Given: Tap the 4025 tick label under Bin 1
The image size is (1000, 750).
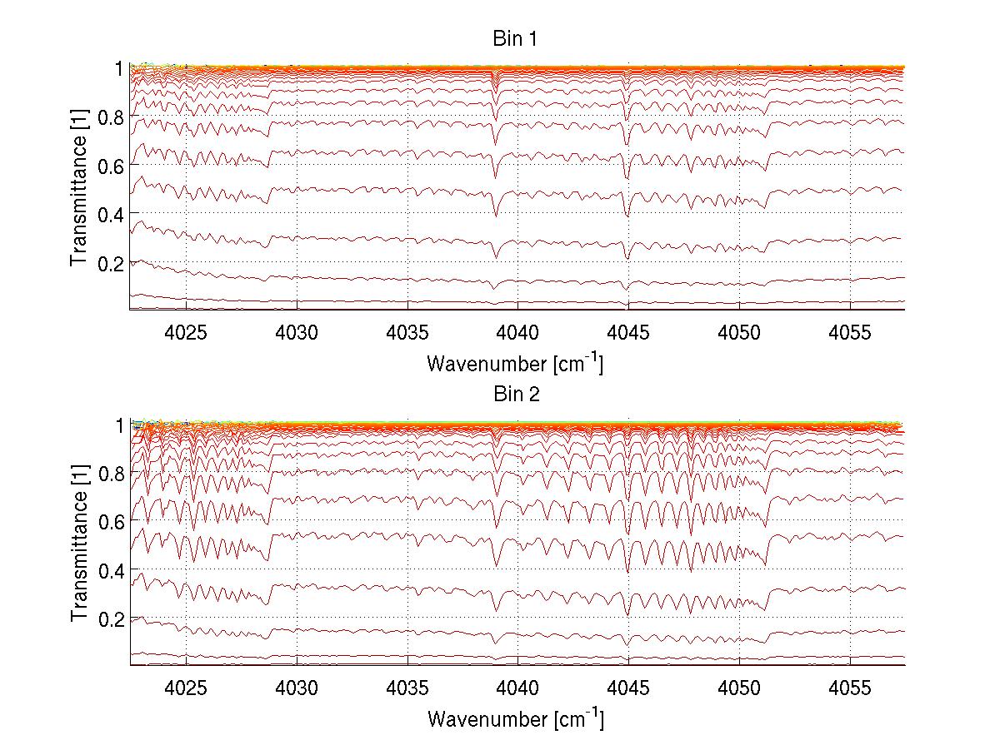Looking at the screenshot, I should point(186,332).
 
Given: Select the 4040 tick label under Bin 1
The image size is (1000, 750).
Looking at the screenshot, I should point(517,332).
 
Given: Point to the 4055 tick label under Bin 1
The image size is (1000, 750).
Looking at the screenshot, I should point(850,332).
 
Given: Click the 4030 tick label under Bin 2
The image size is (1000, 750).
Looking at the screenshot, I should point(297,688).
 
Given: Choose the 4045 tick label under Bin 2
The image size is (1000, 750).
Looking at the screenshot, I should point(628,688).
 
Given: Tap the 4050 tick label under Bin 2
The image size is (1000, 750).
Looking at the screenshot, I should point(739,688).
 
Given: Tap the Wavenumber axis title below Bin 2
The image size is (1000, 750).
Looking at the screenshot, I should point(515,719).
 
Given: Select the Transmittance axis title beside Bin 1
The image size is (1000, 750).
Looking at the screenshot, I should point(79,188).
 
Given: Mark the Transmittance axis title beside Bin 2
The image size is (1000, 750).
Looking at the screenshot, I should point(79,544).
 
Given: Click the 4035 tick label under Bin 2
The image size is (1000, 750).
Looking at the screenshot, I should point(407,688).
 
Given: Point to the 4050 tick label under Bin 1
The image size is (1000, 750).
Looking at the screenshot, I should point(739,332).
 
